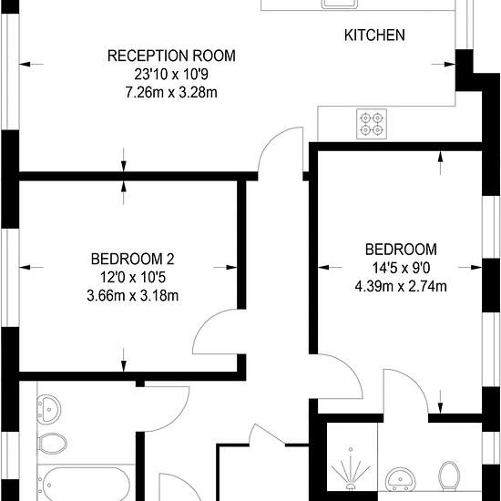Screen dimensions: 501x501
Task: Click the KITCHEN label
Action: pyautogui.click(x=374, y=36)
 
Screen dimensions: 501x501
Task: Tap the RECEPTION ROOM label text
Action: pyautogui.click(x=171, y=56)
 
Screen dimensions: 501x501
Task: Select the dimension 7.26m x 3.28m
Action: pyautogui.click(x=171, y=92)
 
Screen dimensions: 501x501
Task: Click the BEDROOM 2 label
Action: pyautogui.click(x=133, y=259)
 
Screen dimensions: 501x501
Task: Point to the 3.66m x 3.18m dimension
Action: pyautogui.click(x=133, y=295)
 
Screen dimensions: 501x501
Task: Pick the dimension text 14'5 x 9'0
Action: pyautogui.click(x=401, y=268)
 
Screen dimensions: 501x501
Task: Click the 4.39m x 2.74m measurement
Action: pyautogui.click(x=401, y=286)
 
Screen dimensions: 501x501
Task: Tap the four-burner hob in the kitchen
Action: pyautogui.click(x=372, y=124)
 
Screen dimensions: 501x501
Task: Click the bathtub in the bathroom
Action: pyautogui.click(x=86, y=484)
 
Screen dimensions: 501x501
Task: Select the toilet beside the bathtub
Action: pyautogui.click(x=52, y=444)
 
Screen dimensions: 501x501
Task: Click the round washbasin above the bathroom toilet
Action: pyautogui.click(x=49, y=410)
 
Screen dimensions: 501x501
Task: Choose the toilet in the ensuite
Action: pyautogui.click(x=449, y=475)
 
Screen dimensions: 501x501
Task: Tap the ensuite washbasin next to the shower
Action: pyautogui.click(x=401, y=479)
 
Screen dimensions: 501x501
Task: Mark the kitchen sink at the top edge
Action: pyautogui.click(x=340, y=4)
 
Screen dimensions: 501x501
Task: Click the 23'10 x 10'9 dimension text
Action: pyautogui.click(x=171, y=74)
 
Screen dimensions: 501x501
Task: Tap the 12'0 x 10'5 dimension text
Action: pyautogui.click(x=133, y=277)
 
